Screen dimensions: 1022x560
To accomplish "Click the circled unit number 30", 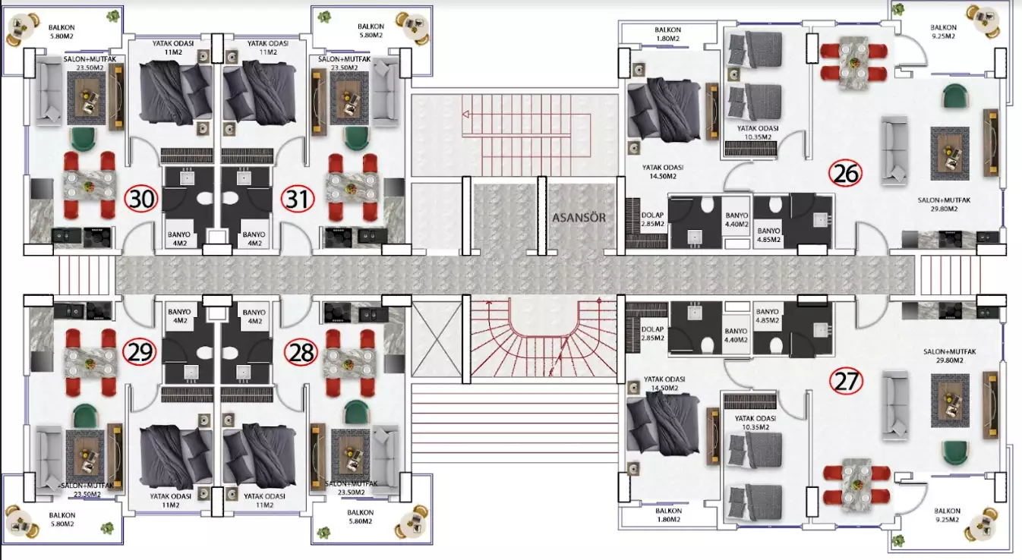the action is (141, 199).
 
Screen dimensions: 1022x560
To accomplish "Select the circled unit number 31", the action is (298, 199).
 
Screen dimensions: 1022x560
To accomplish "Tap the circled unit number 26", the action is (845, 173).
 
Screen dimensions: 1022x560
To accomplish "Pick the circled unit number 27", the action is (846, 381).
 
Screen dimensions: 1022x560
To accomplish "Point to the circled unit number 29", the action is (140, 351).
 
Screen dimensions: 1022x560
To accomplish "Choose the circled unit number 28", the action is (301, 353).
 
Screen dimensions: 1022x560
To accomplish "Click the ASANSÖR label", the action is (579, 218).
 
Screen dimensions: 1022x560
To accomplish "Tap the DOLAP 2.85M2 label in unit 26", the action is (653, 219).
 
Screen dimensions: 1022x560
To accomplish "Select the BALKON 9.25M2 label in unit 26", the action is (944, 32).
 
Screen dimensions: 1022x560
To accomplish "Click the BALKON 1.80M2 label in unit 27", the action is (669, 515).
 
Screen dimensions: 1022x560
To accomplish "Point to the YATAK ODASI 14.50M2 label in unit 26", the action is (663, 172).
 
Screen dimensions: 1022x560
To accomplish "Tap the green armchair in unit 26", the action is (955, 96).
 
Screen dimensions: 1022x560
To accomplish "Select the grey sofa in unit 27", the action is (894, 405).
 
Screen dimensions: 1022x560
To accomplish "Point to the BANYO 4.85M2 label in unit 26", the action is (769, 235).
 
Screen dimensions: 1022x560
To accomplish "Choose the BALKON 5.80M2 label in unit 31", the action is (371, 30).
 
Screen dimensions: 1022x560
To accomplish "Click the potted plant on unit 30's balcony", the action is (112, 17).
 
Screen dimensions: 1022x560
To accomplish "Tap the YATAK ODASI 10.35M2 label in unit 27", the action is (755, 423).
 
